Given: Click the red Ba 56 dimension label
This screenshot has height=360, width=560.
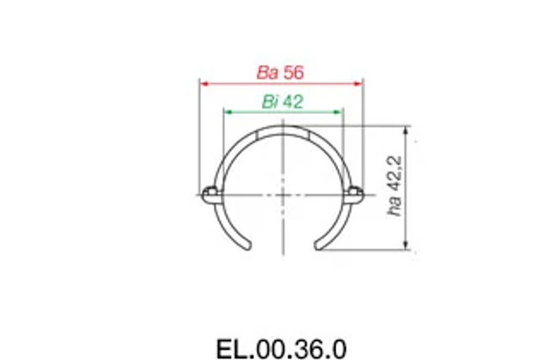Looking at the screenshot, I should (280, 73).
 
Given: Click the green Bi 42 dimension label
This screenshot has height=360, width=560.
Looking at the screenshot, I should (282, 101).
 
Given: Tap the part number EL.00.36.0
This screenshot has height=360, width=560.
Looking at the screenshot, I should (281, 349).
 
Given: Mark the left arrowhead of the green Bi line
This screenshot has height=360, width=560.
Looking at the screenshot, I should (226, 111).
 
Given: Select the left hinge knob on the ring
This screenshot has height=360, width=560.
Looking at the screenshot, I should (209, 194).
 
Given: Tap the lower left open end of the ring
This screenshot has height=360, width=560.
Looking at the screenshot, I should (247, 245).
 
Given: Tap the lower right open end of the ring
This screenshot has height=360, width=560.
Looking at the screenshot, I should (318, 245).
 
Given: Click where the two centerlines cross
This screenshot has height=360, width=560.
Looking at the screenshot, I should (282, 193).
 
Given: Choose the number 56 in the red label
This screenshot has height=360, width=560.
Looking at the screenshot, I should (292, 73).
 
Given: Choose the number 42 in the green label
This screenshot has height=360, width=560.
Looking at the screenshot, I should (292, 101).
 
